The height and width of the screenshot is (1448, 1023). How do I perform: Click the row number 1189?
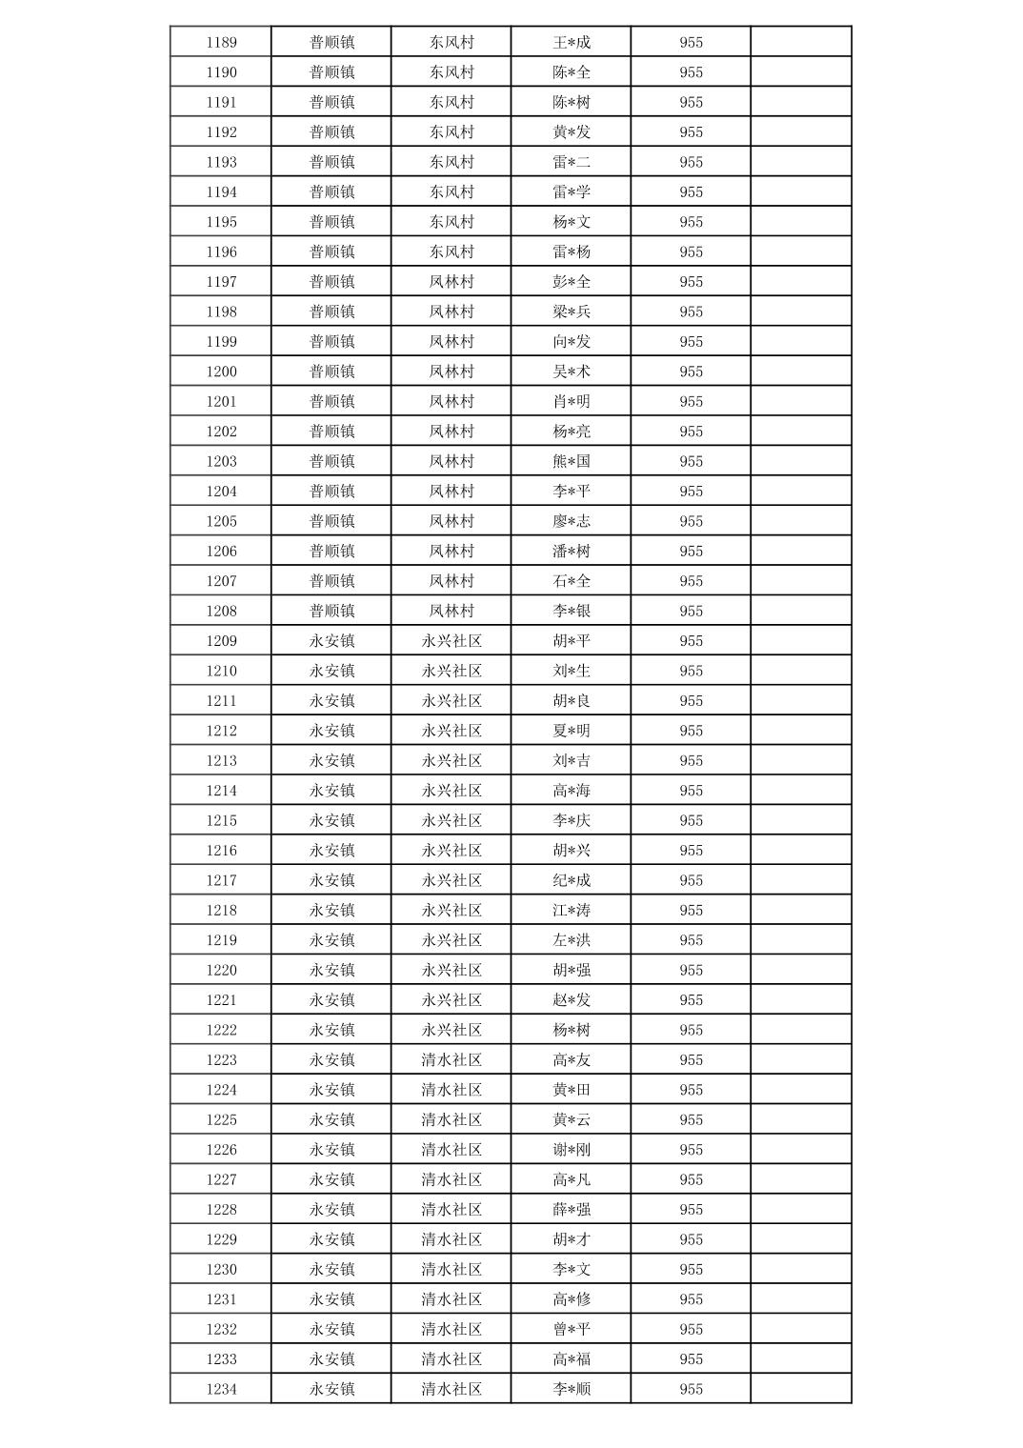click(221, 42)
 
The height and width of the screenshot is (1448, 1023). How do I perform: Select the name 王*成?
click(572, 42)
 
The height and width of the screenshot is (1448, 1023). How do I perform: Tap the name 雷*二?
click(572, 162)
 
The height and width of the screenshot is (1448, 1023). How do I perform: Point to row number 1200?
click(221, 372)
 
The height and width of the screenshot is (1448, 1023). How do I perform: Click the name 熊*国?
click(572, 461)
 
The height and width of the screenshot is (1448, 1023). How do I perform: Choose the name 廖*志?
click(572, 521)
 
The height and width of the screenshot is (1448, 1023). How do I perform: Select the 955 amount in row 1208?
click(691, 611)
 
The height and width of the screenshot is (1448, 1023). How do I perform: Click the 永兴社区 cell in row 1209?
click(451, 641)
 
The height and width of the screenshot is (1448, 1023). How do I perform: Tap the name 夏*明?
click(572, 731)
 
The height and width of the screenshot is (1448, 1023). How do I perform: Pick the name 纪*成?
click(572, 880)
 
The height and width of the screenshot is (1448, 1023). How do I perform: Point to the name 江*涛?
click(572, 910)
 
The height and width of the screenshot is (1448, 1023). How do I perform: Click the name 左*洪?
click(572, 940)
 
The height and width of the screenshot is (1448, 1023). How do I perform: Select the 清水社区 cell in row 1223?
click(451, 1059)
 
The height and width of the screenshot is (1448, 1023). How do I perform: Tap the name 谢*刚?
click(572, 1150)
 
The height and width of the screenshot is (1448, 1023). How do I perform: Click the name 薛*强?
click(572, 1209)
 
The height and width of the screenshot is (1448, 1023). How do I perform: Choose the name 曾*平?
click(572, 1329)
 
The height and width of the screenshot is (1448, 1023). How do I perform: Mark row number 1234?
click(221, 1389)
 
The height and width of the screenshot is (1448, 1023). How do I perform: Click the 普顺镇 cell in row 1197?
click(331, 282)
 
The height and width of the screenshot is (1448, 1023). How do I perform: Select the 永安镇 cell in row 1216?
click(331, 851)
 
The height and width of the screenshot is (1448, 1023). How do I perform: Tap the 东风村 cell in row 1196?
click(451, 251)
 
